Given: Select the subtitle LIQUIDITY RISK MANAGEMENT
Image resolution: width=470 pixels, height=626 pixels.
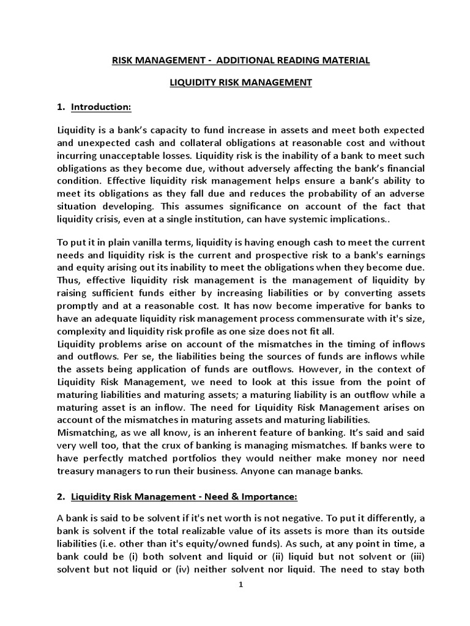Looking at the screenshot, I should pos(241,83).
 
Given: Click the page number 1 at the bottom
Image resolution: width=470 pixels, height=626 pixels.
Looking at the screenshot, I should pos(241,584).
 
